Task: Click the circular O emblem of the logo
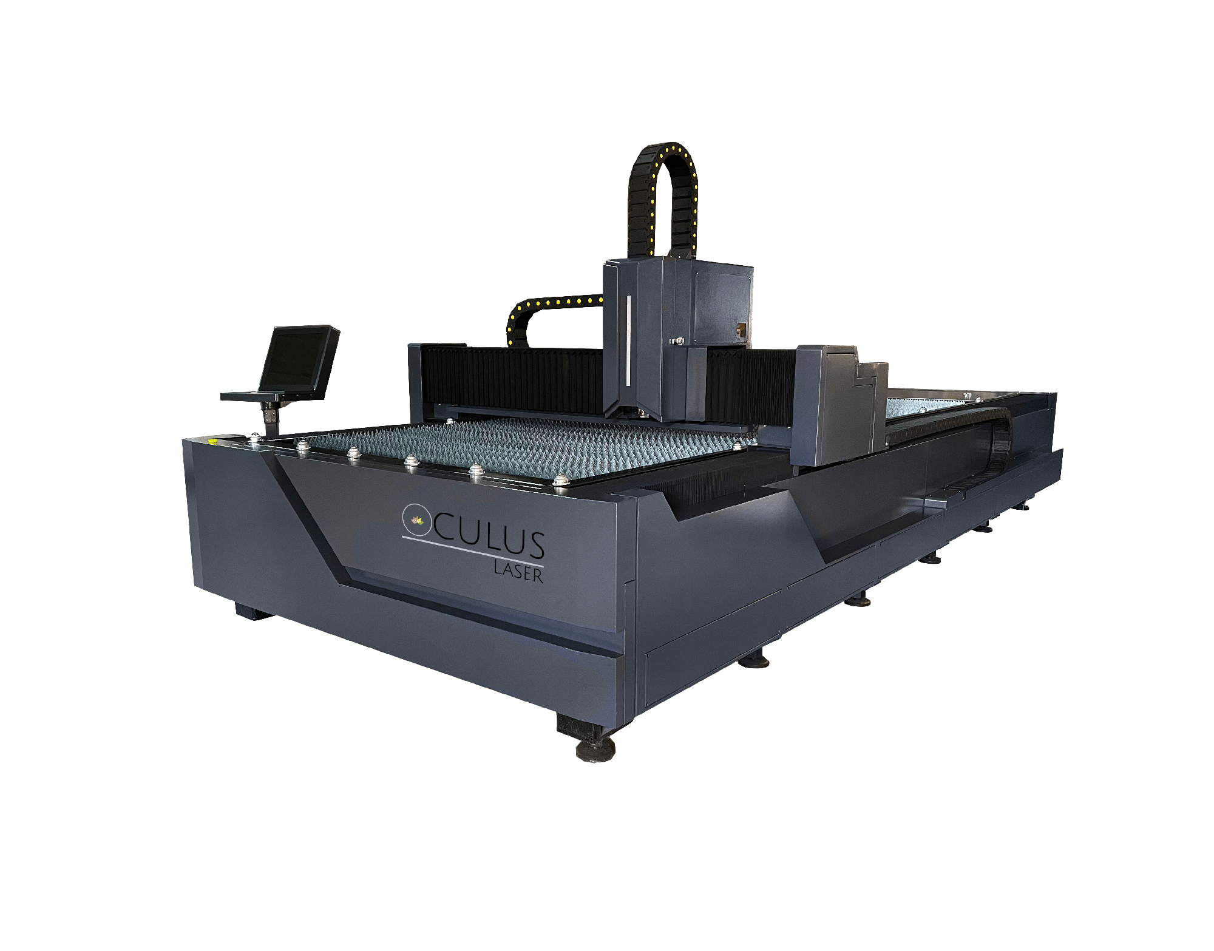point(416,519)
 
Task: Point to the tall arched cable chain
point(662,194)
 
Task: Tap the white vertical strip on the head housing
point(628,340)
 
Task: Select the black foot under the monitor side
point(252,611)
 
